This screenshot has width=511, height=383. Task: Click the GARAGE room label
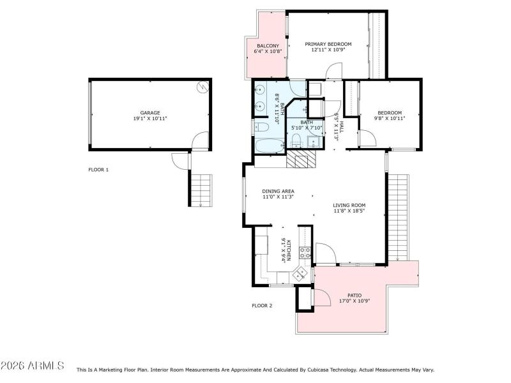click(150, 112)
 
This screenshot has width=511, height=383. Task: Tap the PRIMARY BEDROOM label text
click(328, 44)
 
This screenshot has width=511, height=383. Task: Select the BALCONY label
click(267, 46)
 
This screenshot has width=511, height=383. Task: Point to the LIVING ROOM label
click(349, 205)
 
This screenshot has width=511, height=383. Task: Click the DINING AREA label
click(278, 191)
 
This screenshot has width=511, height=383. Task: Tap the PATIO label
click(355, 295)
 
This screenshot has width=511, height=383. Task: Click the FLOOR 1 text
click(98, 170)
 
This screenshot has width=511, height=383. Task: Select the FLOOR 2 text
click(262, 306)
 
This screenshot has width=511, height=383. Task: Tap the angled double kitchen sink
click(300, 274)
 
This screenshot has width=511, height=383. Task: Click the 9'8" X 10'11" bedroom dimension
click(389, 118)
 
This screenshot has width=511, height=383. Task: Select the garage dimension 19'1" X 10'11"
click(150, 118)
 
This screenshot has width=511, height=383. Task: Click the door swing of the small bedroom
click(367, 139)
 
